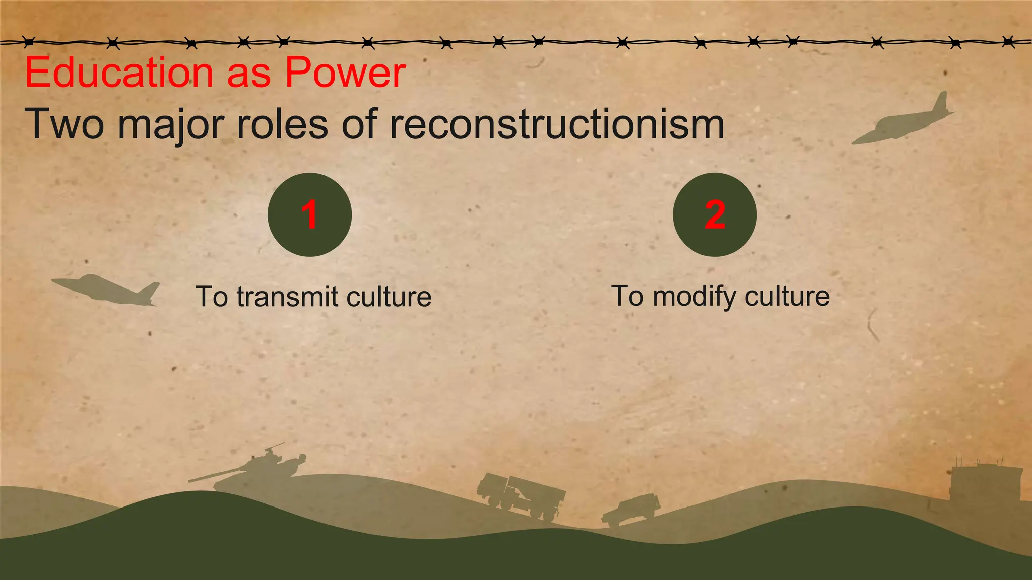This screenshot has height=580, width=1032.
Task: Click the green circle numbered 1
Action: point(309,214)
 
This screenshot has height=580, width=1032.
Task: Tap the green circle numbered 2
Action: point(715,214)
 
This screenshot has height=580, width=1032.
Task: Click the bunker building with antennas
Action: point(985,482)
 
